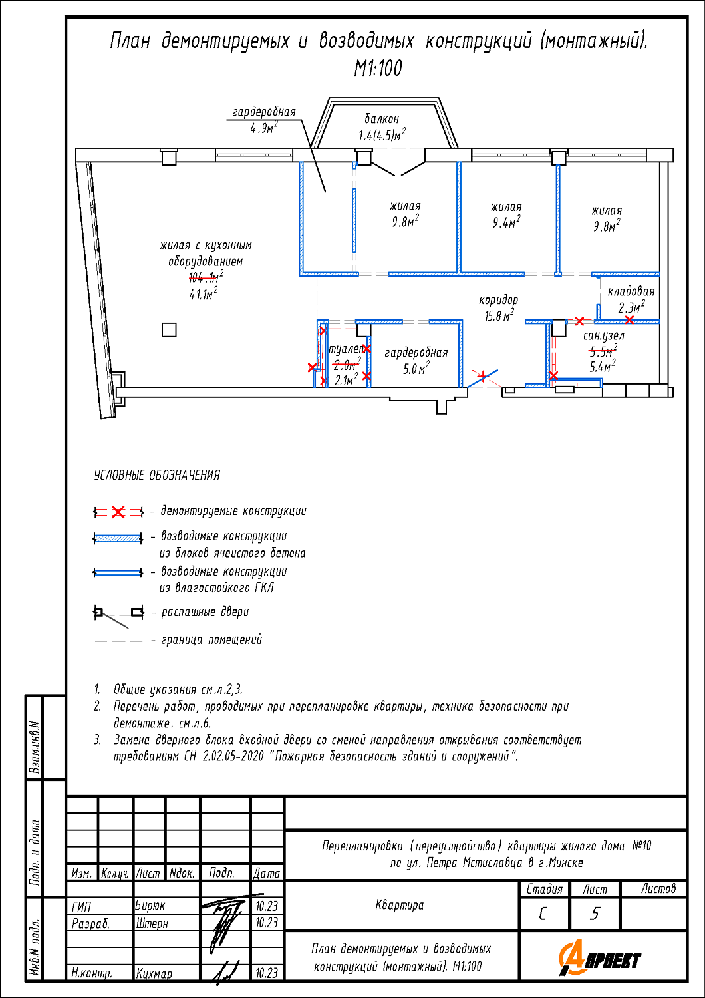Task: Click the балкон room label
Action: pos(382,120)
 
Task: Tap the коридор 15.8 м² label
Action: pos(498,308)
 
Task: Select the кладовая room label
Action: pos(631,291)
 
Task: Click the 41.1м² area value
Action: pos(203,294)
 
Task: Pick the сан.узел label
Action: pos(603,336)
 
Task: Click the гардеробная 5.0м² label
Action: pos(416,360)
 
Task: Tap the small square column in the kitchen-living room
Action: pos(170,329)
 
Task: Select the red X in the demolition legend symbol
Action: pos(118,512)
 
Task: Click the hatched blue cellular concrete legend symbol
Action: pos(118,538)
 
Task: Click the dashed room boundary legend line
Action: pos(118,641)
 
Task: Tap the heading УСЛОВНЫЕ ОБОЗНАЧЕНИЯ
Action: pos(157,476)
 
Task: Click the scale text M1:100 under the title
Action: pos(378,68)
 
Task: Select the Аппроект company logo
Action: pos(601,959)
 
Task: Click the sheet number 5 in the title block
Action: pos(595,914)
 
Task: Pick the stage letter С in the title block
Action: pos(543,914)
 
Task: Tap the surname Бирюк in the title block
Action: pos(150,906)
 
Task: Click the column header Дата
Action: pos(267,873)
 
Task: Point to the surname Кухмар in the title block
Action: pos(154,973)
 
